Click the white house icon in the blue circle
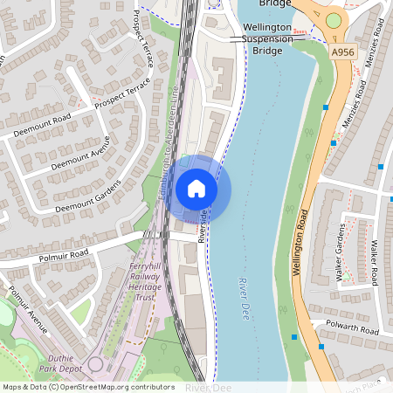pyautogui.click(x=196, y=188)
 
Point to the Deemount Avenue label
pyautogui.click(x=80, y=153)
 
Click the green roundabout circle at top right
pyautogui.click(x=334, y=20)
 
